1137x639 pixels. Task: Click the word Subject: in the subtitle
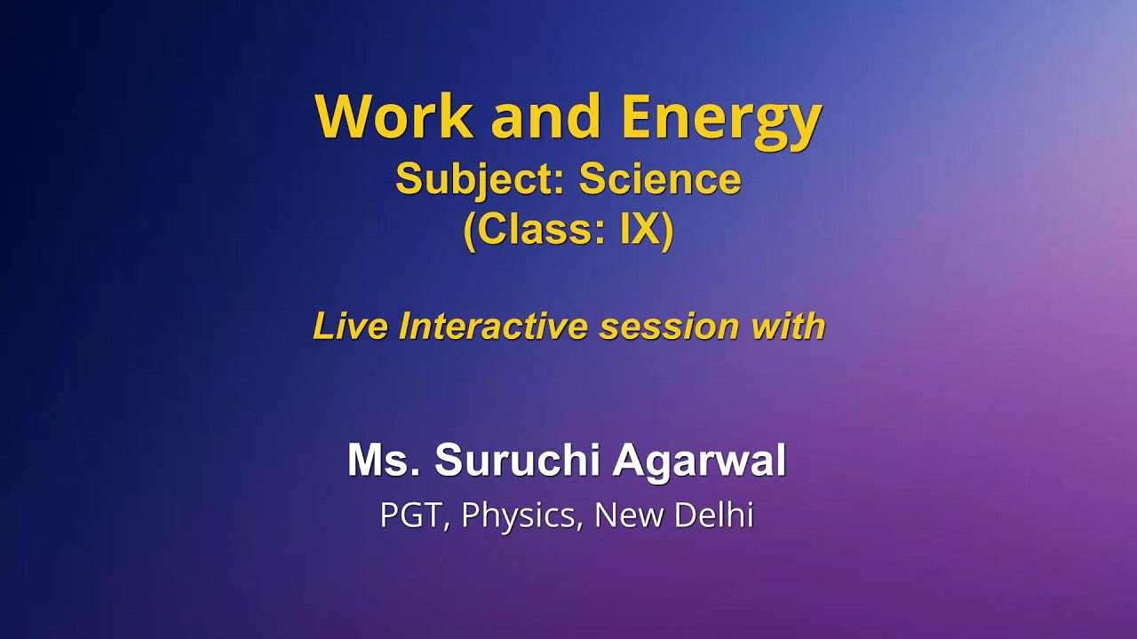(481, 181)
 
